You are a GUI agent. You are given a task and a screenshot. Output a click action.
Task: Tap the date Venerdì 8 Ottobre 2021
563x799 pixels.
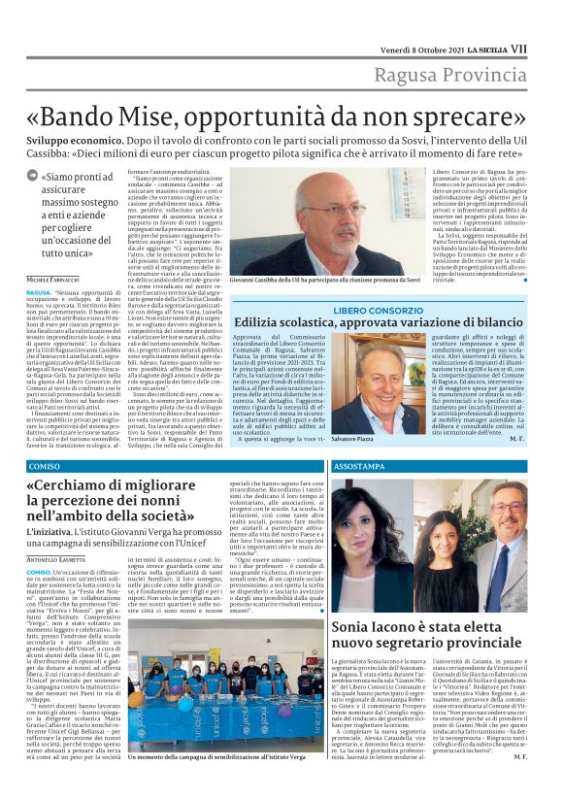pos(418,19)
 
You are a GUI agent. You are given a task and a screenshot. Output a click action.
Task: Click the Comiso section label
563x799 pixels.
pos(44,466)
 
